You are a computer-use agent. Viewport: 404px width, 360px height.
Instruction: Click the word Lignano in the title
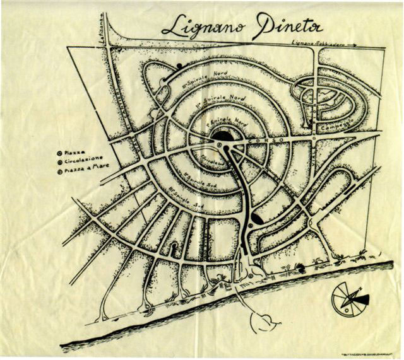[x=196, y=27]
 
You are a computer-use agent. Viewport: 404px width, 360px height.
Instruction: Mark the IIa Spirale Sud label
[x=196, y=177]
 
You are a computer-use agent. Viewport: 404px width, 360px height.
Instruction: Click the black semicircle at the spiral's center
[x=223, y=135]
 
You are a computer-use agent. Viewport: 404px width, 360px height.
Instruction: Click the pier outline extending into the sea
[x=264, y=321]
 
